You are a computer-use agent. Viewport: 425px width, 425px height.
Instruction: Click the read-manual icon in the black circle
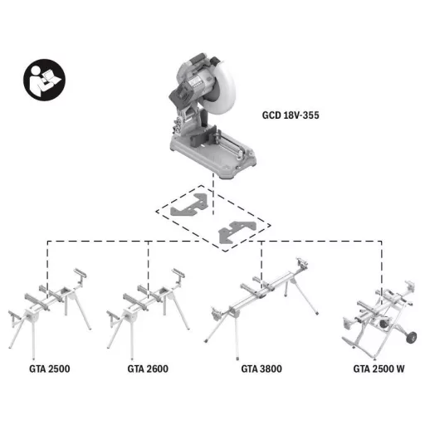pyautogui.click(x=44, y=80)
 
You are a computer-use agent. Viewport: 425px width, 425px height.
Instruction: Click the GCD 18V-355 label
pyautogui.click(x=291, y=115)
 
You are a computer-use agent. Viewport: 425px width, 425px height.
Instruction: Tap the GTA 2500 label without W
pyautogui.click(x=50, y=369)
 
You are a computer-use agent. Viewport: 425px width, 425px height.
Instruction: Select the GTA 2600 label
pyautogui.click(x=148, y=369)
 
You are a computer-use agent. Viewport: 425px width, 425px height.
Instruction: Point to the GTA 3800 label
pyautogui.click(x=261, y=369)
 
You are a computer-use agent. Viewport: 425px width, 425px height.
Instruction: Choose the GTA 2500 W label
pyautogui.click(x=379, y=369)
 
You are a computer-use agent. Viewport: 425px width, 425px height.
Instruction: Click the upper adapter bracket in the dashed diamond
pyautogui.click(x=189, y=205)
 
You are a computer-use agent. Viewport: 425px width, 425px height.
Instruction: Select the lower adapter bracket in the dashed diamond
pyautogui.click(x=237, y=232)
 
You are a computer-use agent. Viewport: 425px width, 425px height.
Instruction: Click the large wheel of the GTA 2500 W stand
pyautogui.click(x=411, y=337)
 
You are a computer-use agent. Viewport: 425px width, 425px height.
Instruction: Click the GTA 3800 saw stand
pyautogui.click(x=261, y=307)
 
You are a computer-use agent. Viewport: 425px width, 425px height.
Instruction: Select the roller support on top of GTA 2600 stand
pyautogui.click(x=178, y=273)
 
